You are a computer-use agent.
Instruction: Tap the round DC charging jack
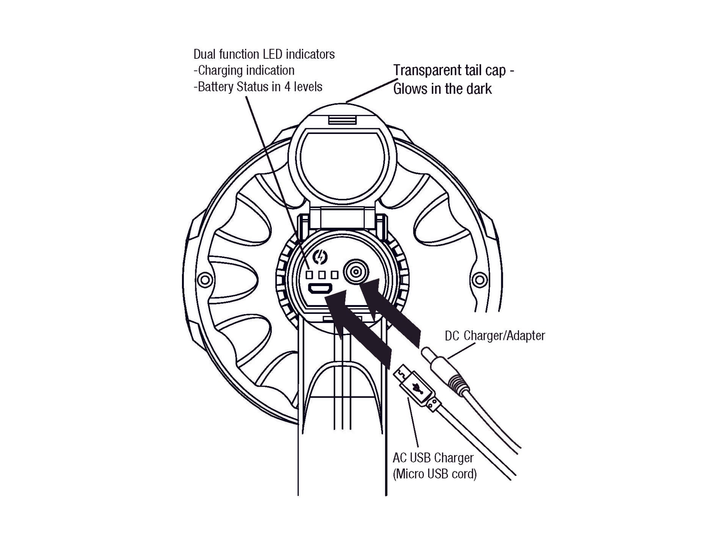tap(356, 272)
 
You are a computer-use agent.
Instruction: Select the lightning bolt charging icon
tap(320, 257)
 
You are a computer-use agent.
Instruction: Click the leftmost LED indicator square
tap(309, 275)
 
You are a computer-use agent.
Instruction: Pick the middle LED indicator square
tap(322, 275)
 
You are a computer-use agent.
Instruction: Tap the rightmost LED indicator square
tap(334, 275)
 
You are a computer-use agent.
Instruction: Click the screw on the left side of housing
tap(206, 280)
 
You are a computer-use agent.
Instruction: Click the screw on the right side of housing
tap(480, 280)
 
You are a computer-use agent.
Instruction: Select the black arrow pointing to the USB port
tap(356, 326)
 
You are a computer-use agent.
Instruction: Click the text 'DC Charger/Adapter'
tap(494, 336)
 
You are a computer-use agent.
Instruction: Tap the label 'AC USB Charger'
tap(433, 458)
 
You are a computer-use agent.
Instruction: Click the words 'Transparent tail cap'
tap(449, 71)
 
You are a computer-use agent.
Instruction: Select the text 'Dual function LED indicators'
tap(264, 54)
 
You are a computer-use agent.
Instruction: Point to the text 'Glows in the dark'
tap(442, 89)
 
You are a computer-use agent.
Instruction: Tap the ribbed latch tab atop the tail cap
tap(342, 120)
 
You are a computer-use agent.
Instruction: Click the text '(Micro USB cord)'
tap(435, 474)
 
